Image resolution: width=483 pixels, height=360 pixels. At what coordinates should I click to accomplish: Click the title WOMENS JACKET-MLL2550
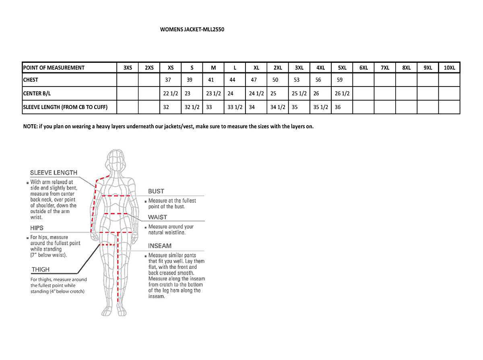coord(192,29)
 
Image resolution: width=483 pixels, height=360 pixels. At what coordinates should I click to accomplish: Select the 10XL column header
coord(449,68)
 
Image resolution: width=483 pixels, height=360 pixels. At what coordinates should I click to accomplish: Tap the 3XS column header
coord(127,68)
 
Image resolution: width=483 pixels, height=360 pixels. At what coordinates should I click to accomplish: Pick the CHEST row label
coord(31,80)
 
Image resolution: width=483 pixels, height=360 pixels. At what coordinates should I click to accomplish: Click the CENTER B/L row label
coord(37,93)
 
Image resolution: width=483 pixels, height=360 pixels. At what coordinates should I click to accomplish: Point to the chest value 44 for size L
coord(232,80)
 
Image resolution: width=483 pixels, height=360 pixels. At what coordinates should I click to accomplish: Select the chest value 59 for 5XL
coord(339,80)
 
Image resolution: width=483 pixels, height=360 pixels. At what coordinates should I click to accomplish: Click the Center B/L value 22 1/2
coord(170,93)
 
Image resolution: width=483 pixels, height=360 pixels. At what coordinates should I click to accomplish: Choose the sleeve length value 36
coord(338,107)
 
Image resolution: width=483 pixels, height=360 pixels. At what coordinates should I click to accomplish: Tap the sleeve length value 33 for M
coord(209,107)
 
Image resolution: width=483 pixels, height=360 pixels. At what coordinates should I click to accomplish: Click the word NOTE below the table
coord(30,126)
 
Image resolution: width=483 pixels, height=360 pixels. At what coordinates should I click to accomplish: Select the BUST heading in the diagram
coord(156,191)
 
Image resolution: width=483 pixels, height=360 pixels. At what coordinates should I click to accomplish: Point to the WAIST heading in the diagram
coord(157,217)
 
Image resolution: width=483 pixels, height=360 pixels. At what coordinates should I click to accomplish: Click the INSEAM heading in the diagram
coord(160,246)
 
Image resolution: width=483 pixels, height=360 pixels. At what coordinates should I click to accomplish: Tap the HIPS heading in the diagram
coord(37,228)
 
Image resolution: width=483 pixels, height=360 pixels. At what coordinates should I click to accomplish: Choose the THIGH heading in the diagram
coord(41,269)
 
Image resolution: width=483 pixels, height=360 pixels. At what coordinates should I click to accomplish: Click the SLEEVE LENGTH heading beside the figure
coord(54,173)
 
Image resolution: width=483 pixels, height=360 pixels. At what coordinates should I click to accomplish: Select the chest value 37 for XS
coord(168,80)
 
